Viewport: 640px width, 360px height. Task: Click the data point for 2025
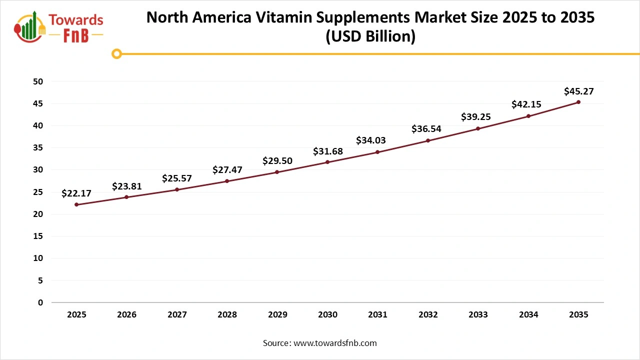(76, 204)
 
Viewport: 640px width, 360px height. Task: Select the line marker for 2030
(327, 162)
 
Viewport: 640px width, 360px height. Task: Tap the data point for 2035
(578, 102)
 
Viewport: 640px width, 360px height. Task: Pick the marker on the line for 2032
(428, 140)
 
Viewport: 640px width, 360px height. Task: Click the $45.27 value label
(578, 91)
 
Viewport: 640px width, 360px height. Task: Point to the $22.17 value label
(76, 193)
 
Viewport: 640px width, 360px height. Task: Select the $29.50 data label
(277, 160)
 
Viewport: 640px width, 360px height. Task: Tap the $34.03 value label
(371, 140)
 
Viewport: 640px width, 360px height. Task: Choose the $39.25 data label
(475, 117)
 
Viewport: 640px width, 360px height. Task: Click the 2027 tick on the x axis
(177, 315)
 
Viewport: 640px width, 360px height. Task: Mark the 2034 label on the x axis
(528, 315)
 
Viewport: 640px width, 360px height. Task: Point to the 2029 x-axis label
(277, 315)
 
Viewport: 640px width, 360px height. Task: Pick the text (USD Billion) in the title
(370, 37)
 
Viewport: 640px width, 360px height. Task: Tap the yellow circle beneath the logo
(116, 53)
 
